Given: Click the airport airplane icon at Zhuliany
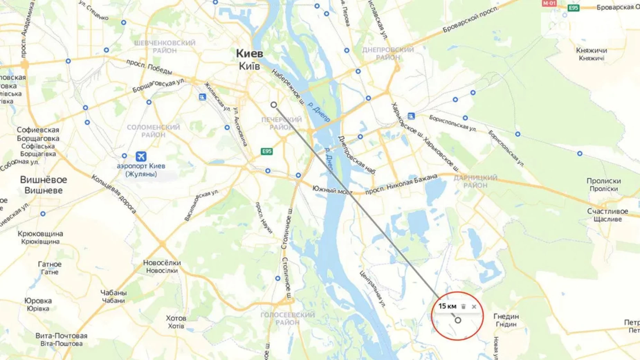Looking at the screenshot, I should tap(141, 156).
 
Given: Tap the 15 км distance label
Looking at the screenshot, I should tap(447, 306).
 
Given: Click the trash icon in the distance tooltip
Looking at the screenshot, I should tap(464, 307).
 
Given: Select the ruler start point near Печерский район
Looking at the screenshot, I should tap(274, 105).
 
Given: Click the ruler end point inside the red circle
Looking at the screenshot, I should tap(458, 320).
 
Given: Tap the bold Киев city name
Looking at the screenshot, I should tap(249, 54).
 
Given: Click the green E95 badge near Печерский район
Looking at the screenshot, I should tap(266, 151).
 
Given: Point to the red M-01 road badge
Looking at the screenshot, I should tap(549, 3).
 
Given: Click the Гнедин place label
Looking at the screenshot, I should tap(506, 316).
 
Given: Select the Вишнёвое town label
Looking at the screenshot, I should tap(43, 180).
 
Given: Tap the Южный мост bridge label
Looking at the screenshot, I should tap(331, 190).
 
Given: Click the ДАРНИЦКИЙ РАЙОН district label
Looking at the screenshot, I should tap(475, 181).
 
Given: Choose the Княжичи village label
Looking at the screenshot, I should tap(591, 51).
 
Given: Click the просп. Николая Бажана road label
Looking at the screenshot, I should tap(401, 185).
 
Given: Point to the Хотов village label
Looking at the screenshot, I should tap(176, 318).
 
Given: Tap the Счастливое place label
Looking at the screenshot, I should tap(607, 211).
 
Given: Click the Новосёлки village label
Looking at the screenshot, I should tap(162, 263).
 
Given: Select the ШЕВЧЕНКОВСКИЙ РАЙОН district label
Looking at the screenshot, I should tap(165, 47).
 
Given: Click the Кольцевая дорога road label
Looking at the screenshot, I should tap(113, 194).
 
